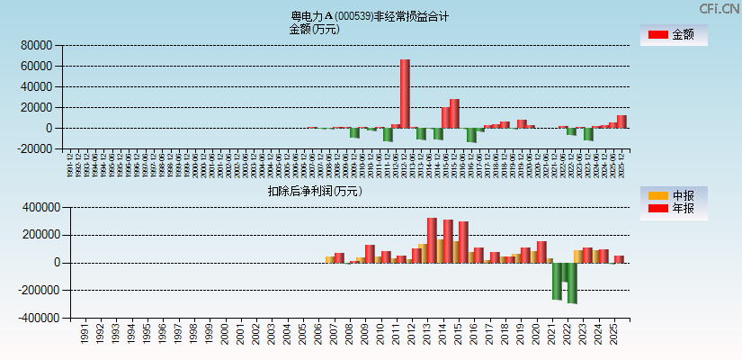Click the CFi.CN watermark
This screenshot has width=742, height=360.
[719, 8]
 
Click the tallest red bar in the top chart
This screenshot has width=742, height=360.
[405, 94]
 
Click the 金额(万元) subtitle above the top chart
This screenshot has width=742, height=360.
[314, 29]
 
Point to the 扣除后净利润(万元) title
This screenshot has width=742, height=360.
[314, 191]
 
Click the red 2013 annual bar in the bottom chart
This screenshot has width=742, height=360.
[432, 239]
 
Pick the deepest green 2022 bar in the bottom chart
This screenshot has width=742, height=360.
[572, 283]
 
